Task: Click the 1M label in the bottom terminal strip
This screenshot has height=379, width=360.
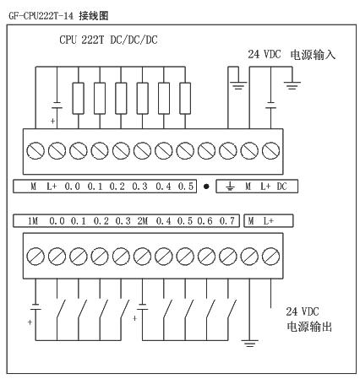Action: click(x=33, y=221)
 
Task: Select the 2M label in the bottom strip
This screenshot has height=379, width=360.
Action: click(x=143, y=221)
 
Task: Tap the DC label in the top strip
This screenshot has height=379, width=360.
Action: click(x=281, y=187)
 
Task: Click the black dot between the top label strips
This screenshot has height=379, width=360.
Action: click(x=206, y=187)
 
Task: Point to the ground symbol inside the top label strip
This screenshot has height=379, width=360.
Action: click(x=230, y=186)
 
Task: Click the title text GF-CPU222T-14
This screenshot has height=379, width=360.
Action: click(x=41, y=15)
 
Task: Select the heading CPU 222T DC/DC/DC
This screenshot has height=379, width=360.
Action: click(x=108, y=40)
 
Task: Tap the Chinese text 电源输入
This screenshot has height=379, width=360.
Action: click(x=313, y=55)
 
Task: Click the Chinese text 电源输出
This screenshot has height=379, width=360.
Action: click(x=309, y=327)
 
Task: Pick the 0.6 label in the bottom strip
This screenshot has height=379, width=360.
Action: click(x=205, y=221)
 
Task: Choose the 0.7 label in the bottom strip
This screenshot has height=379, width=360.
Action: click(x=227, y=221)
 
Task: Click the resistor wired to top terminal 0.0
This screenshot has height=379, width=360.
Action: click(x=78, y=98)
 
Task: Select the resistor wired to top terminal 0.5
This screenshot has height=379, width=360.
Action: click(x=185, y=98)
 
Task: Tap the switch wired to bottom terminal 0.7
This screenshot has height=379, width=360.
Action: click(x=232, y=309)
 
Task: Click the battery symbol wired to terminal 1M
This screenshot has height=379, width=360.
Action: click(x=35, y=306)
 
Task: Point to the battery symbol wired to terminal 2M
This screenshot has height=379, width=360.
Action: click(x=143, y=306)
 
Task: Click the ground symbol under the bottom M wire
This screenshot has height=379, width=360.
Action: click(x=249, y=343)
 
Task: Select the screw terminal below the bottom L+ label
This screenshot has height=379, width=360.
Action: click(x=270, y=257)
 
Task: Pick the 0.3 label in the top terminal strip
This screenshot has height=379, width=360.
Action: click(x=139, y=187)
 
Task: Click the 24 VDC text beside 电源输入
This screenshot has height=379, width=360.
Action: click(x=265, y=54)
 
